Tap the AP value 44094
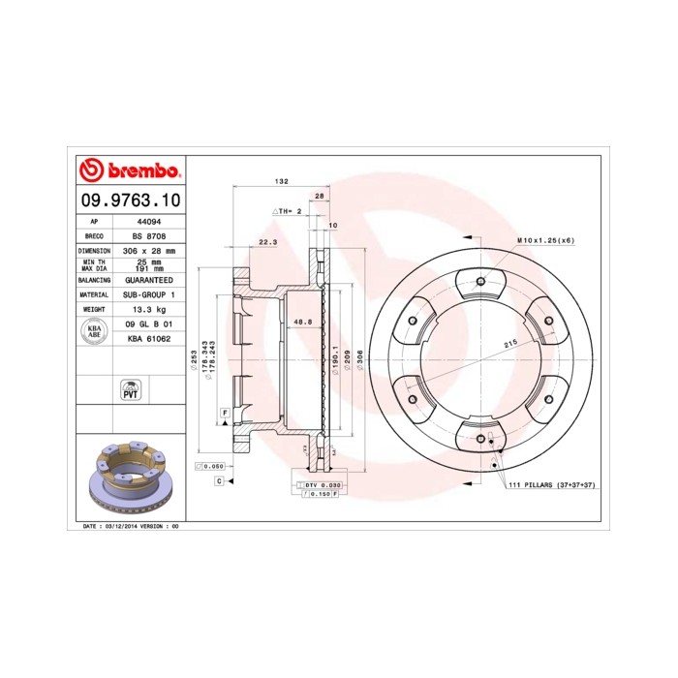click(x=143, y=221)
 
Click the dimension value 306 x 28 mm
click(x=148, y=250)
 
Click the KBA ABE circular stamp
click(x=94, y=330)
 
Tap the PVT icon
click(x=129, y=391)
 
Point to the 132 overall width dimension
click(x=282, y=182)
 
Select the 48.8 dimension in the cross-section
click(x=301, y=322)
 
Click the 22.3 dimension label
click(x=268, y=242)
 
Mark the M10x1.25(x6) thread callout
click(x=544, y=239)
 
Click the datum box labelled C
click(x=219, y=480)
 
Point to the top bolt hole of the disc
click(x=481, y=282)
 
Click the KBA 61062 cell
click(x=148, y=339)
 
